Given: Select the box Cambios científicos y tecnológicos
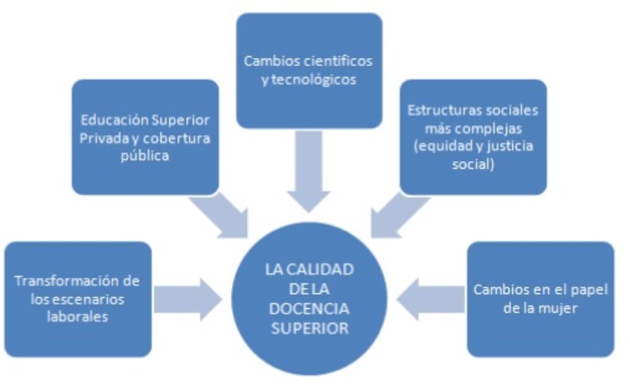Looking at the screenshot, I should pos(309,70).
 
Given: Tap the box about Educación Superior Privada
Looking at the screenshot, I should pos(145,137).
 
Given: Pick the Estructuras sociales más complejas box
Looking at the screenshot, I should pos(472,137).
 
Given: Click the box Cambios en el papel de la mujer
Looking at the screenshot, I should pos(540,298).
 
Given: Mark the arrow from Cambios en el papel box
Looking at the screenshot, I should pos(429,298).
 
